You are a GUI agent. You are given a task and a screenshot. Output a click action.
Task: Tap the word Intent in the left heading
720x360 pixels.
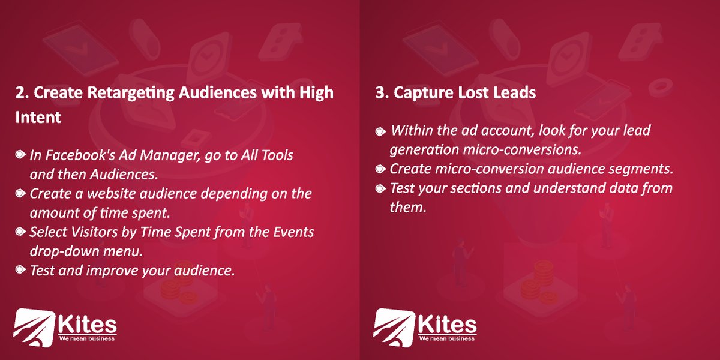point(38,118)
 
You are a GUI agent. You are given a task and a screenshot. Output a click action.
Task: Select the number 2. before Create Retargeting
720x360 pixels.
point(22,94)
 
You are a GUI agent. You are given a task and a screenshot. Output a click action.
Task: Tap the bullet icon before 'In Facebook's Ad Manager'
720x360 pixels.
point(20,155)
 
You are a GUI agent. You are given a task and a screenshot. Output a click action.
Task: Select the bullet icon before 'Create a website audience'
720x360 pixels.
point(20,194)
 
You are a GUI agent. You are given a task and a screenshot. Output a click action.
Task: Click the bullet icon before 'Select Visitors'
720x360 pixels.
point(20,232)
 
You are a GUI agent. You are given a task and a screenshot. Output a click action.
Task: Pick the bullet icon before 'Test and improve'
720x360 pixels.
point(20,271)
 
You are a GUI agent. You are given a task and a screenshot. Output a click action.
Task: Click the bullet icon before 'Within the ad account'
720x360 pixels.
point(380,131)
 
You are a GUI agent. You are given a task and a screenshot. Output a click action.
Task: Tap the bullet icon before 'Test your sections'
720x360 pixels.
point(380,188)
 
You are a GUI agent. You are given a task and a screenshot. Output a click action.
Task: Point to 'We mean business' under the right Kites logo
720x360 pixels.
point(446,338)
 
